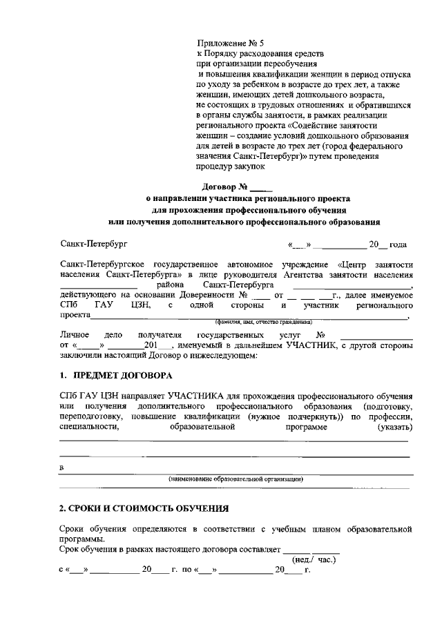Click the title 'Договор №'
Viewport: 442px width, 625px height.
[x=224, y=186]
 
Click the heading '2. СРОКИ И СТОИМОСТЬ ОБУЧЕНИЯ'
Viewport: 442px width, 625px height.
[x=144, y=508]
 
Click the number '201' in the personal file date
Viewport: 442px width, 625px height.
[x=151, y=345]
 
